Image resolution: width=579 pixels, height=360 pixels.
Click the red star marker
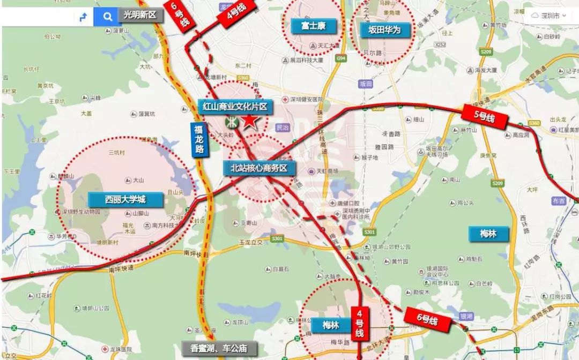(250, 121)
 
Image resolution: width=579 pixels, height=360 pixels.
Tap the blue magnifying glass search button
(108, 16)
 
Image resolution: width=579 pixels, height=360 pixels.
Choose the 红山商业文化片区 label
(235, 107)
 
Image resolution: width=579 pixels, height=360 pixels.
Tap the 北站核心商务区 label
(259, 168)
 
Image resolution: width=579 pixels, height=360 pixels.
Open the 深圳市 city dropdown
(548, 16)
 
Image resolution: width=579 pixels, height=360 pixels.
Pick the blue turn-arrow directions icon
(83, 16)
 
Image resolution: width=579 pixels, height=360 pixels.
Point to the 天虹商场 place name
(329, 171)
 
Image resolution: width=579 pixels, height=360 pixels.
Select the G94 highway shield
(340, 58)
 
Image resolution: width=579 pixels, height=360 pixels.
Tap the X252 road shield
(441, 45)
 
